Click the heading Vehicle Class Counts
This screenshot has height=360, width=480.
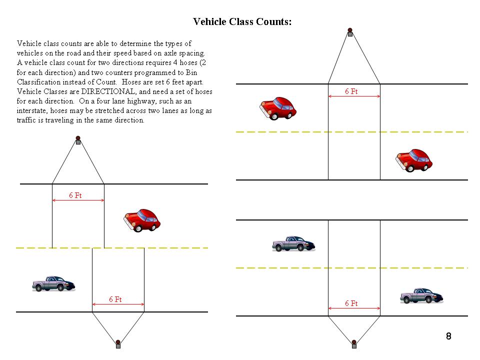point(242,21)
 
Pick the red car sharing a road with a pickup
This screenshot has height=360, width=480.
point(141,220)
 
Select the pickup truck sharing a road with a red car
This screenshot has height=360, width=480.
point(53,283)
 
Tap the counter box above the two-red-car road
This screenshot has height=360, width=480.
point(350,33)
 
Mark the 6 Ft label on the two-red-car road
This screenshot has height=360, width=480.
point(351,92)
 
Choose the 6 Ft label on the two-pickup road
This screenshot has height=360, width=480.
point(351,303)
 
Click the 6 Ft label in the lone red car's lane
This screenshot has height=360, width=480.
point(75,195)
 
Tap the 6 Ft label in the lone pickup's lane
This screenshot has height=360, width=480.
point(115,299)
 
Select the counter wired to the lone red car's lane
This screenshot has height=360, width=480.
point(78,141)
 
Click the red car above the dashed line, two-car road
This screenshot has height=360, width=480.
point(278,108)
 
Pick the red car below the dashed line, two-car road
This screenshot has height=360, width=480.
point(414,160)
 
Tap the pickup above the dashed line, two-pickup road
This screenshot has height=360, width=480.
point(293,243)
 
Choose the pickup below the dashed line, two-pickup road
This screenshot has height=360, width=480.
point(421,295)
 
